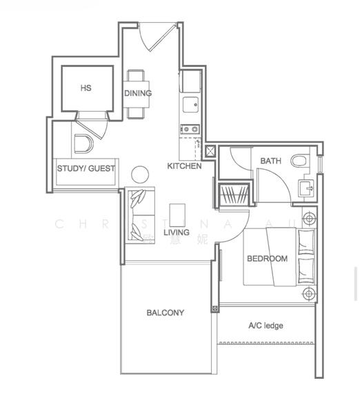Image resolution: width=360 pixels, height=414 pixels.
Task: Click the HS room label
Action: click(x=86, y=88)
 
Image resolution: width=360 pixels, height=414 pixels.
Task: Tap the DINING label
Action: click(x=138, y=93)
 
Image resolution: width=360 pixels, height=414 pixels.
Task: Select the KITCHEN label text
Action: click(x=184, y=166)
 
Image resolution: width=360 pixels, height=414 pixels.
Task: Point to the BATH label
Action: click(x=270, y=161)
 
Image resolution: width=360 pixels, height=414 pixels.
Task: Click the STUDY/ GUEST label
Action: click(x=86, y=168)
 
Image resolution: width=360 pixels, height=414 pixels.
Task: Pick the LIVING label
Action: click(x=177, y=233)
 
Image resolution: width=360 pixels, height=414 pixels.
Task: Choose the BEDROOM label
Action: click(x=267, y=259)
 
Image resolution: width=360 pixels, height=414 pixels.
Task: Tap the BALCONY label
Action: click(x=166, y=313)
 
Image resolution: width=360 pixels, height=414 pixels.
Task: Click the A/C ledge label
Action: click(x=266, y=326)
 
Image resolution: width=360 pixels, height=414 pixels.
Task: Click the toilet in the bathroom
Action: click(x=299, y=161)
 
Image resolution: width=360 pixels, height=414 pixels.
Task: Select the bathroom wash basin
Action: click(x=306, y=187)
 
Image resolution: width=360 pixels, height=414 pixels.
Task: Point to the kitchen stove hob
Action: click(x=189, y=129)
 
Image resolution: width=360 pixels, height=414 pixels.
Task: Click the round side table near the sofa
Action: click(x=141, y=175)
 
